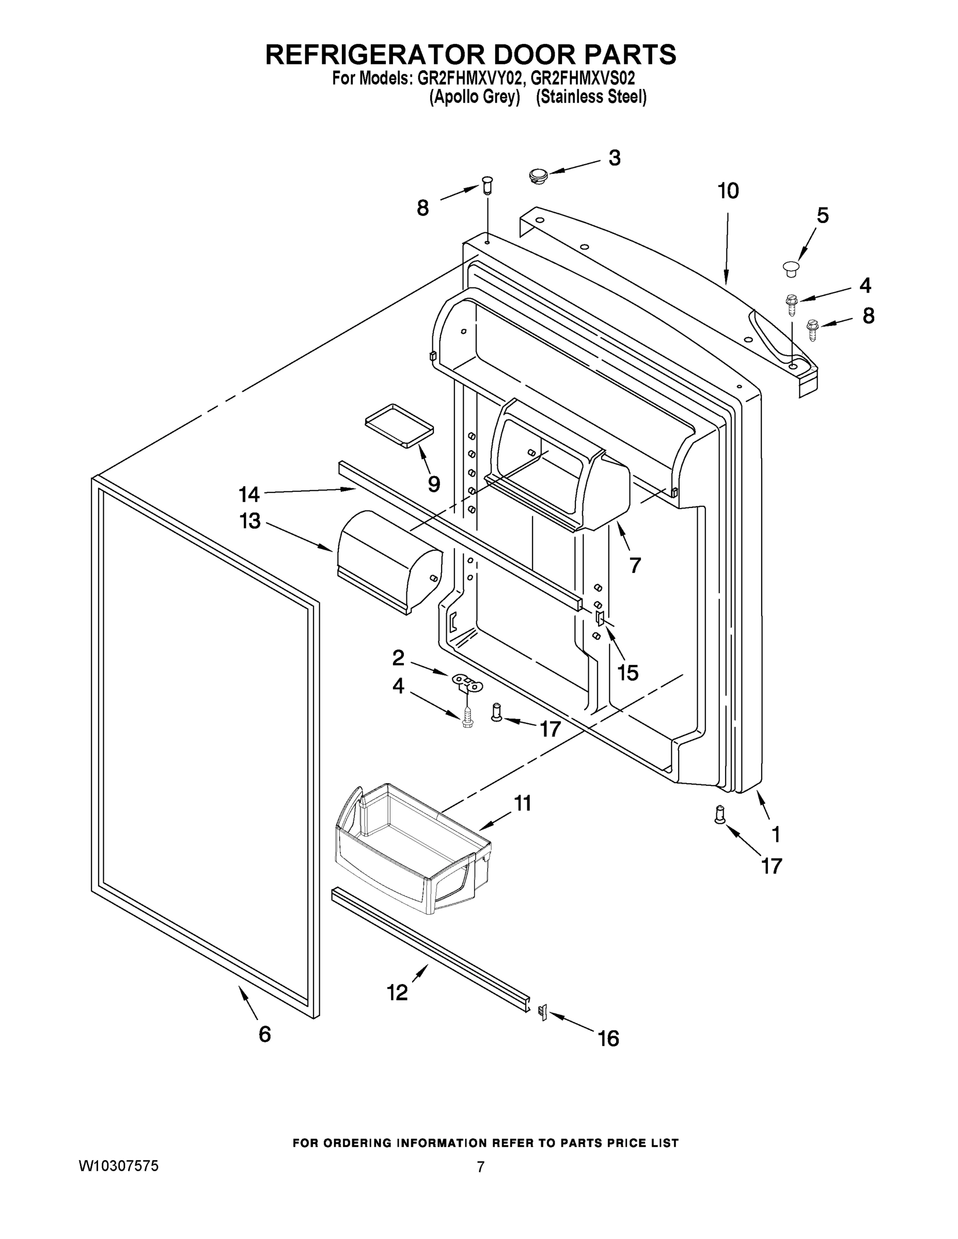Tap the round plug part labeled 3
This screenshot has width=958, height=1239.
(x=537, y=174)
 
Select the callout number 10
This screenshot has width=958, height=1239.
(x=728, y=191)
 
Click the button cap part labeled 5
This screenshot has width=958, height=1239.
(x=791, y=268)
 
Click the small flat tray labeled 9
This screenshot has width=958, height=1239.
(x=398, y=425)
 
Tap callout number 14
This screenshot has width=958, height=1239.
(x=249, y=495)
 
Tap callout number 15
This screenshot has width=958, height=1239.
(x=627, y=672)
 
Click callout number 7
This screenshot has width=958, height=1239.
(x=635, y=565)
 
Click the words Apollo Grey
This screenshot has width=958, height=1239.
(x=475, y=98)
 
